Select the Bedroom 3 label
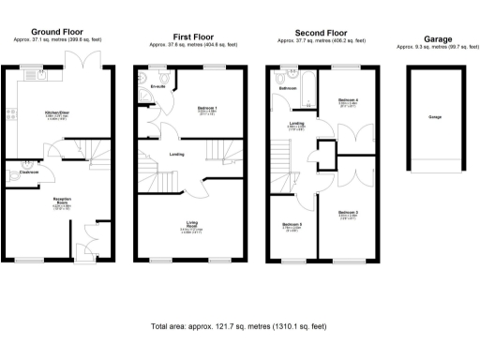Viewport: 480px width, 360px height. tap(349, 214)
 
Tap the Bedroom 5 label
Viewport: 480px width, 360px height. tap(292, 225)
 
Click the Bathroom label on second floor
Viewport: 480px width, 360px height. tap(287, 88)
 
